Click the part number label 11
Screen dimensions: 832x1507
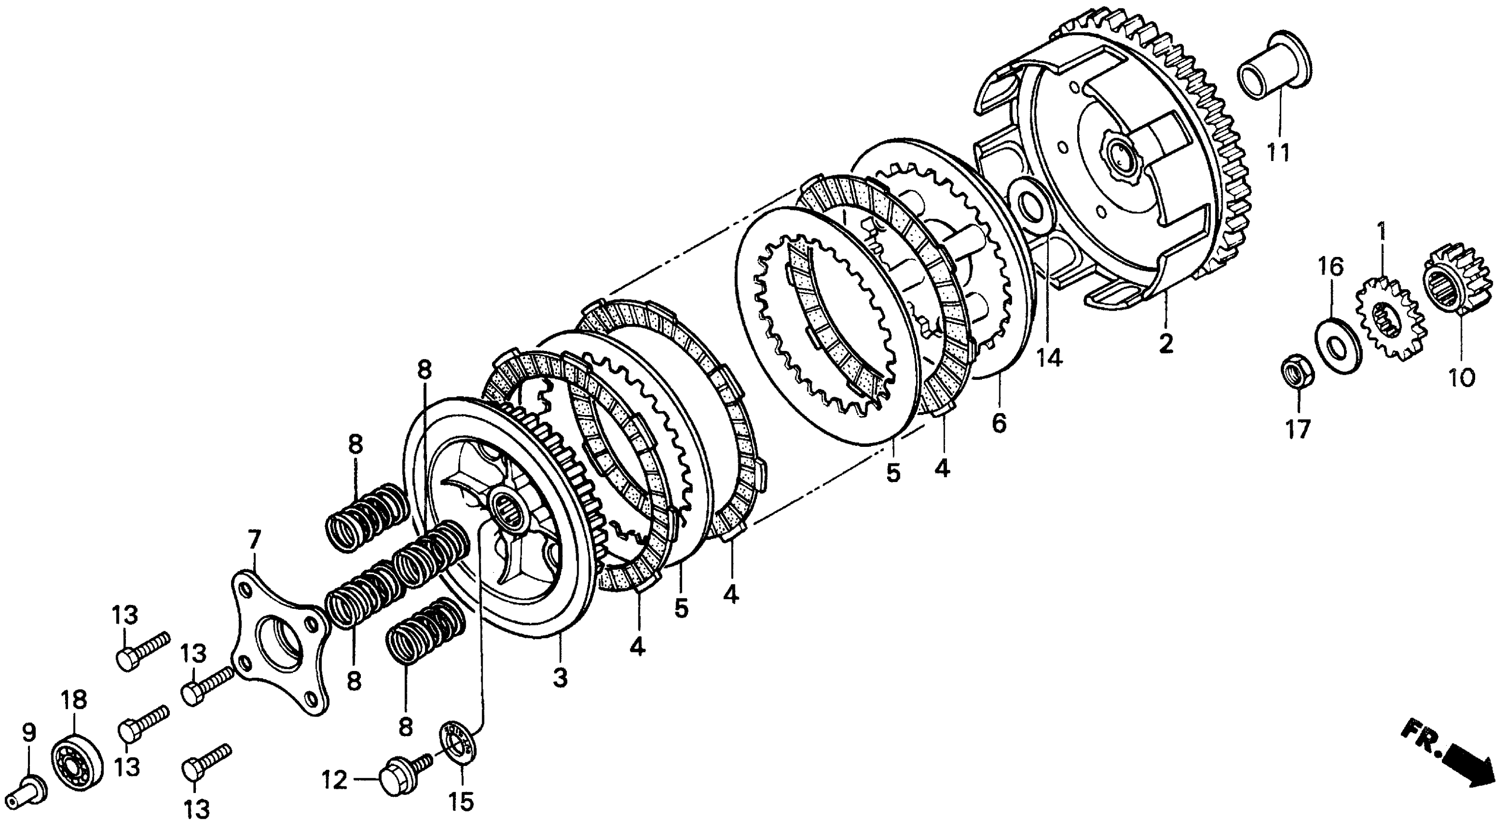click(x=1278, y=153)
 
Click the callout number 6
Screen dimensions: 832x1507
click(x=999, y=422)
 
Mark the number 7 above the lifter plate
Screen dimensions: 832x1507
click(x=253, y=541)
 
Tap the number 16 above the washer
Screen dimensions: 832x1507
click(x=1330, y=267)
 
